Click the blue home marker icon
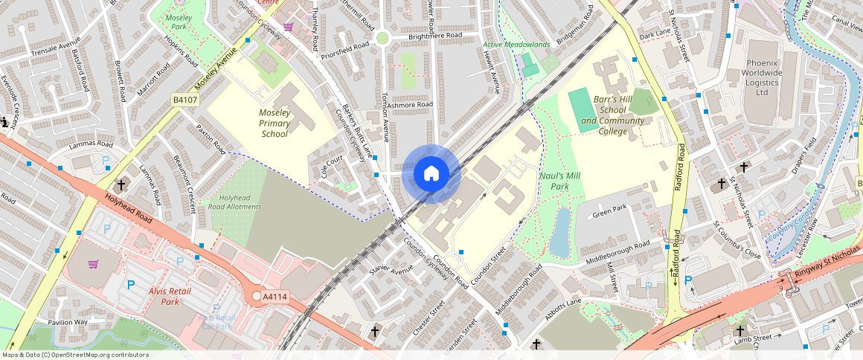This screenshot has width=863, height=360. (431, 173)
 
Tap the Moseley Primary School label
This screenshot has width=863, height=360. (274, 123)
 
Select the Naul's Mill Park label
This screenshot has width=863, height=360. (559, 181)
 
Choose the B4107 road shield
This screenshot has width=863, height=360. (185, 99)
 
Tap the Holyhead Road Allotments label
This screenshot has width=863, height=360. (235, 202)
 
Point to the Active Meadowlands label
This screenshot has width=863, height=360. (516, 45)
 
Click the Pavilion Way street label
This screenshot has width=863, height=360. (68, 322)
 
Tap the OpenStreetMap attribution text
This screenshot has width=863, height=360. (74, 355)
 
